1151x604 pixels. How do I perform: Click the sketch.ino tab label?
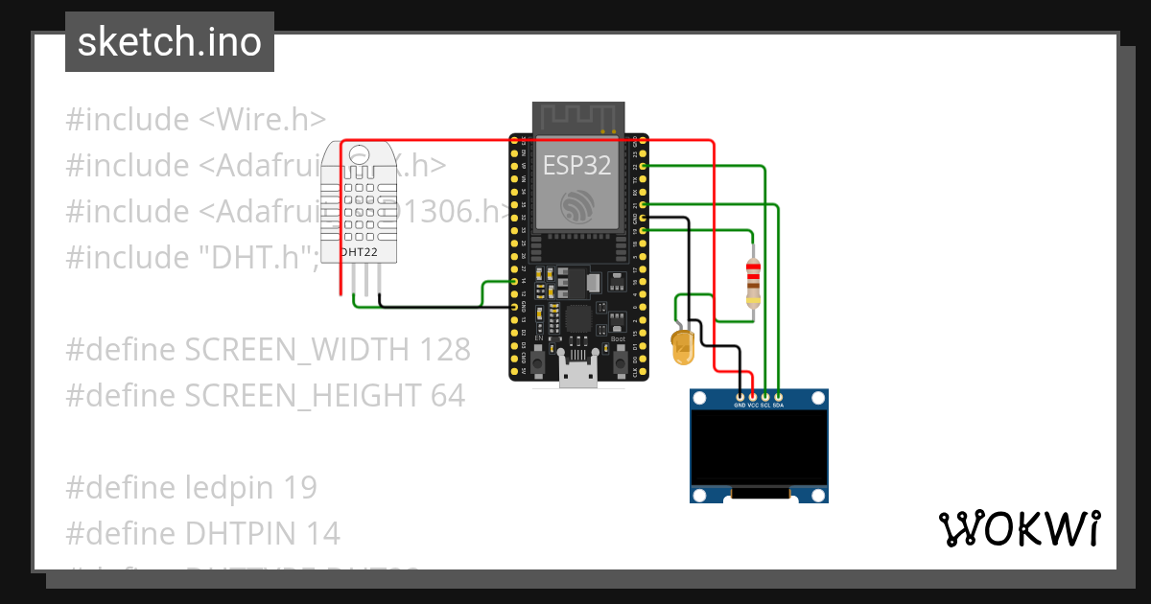169,42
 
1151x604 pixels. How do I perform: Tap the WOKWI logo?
1019,528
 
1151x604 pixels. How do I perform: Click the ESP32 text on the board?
576,165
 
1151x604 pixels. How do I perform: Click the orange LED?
683,347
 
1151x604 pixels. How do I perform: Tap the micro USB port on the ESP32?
577,373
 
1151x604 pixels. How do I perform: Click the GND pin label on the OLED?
740,405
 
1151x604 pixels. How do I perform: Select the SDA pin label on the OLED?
778,405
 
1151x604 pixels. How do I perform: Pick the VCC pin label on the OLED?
753,405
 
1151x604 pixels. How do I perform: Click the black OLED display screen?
759,448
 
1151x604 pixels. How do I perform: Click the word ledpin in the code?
227,488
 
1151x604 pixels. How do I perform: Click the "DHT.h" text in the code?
249,257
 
